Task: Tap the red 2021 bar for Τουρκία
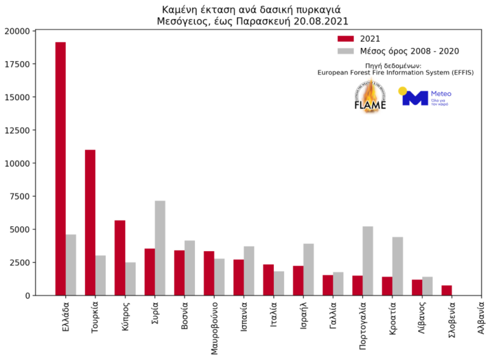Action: click(90, 222)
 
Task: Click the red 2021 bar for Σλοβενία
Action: click(447, 290)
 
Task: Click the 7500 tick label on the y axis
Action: click(19, 196)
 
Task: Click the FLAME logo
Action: click(370, 98)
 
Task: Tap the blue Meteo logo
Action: click(426, 97)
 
